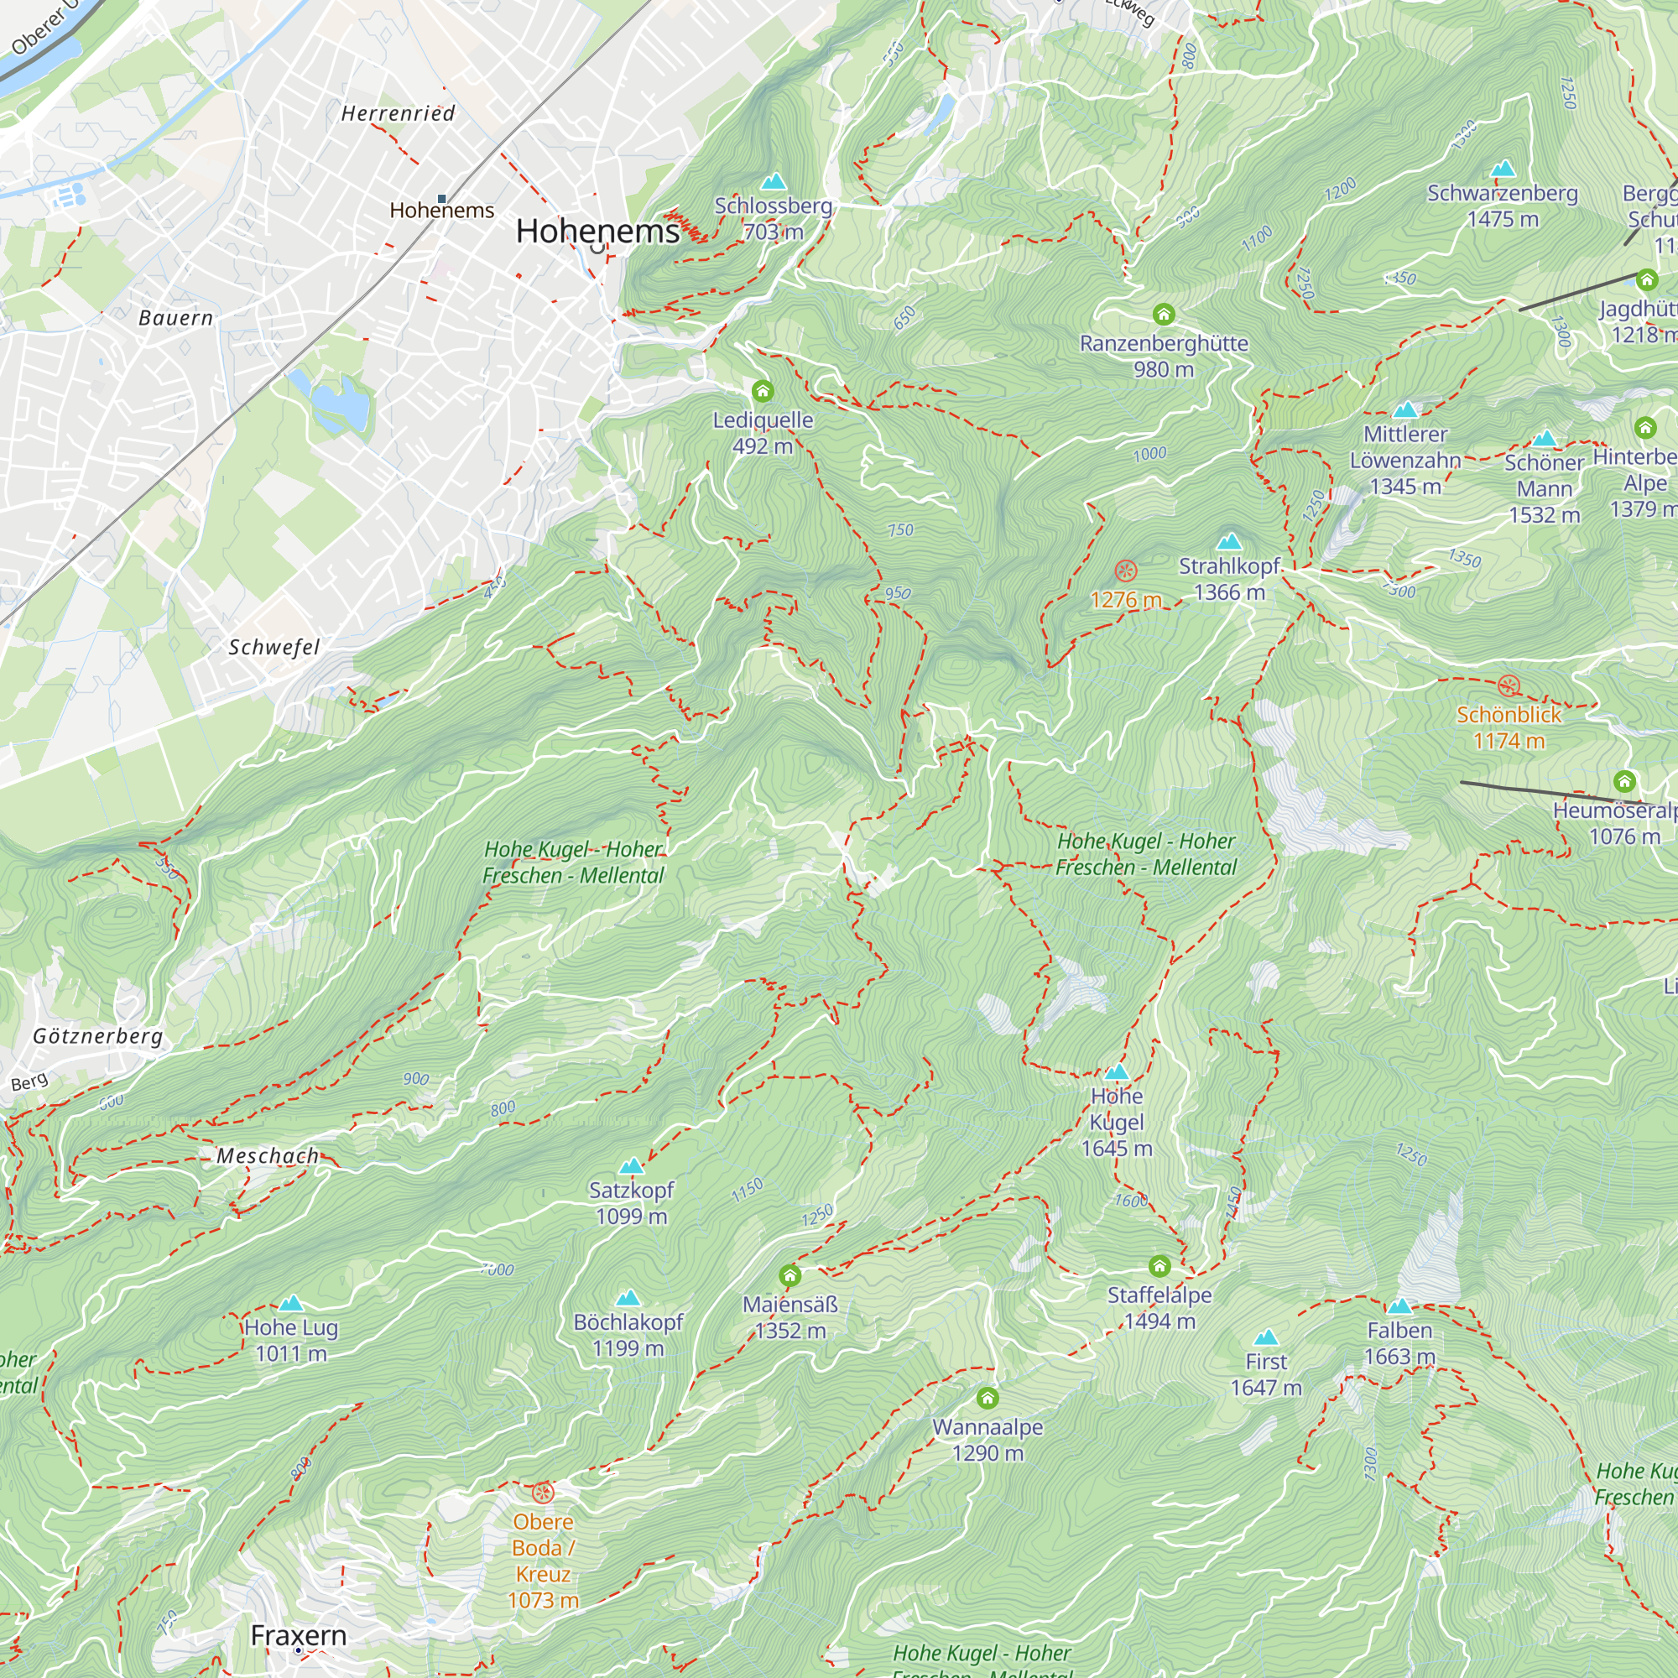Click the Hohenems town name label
tap(597, 231)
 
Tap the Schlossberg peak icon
tap(773, 181)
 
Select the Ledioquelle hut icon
tap(763, 391)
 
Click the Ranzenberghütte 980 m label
tap(1163, 356)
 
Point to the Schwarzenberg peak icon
tap(1503, 169)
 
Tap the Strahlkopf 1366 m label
tap(1229, 579)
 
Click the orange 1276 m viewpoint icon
tap(1126, 571)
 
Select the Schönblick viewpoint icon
tap(1509, 685)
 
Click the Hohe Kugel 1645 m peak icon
tap(1116, 1071)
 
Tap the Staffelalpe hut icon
tap(1159, 1265)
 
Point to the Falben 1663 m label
tap(1399, 1342)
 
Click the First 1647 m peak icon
tap(1266, 1337)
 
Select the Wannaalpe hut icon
tap(988, 1398)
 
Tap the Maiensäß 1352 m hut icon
tap(789, 1275)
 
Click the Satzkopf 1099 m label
tap(632, 1203)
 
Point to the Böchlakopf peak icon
tap(628, 1299)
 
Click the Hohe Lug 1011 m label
tap(291, 1340)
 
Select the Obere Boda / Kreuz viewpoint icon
tap(543, 1493)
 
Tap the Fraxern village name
tap(299, 1634)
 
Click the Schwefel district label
tap(274, 647)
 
